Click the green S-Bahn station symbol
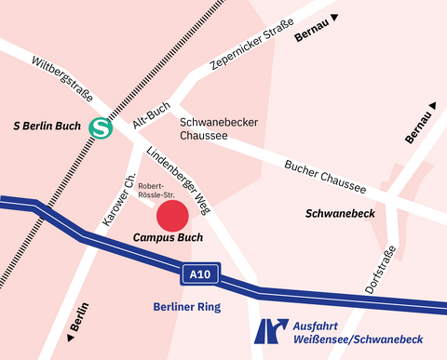click(101, 127)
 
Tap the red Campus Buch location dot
click(172, 216)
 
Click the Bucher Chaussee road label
click(325, 174)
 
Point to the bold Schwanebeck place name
click(340, 213)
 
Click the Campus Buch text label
click(168, 238)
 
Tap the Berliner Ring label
click(188, 306)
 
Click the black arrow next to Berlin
click(69, 328)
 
